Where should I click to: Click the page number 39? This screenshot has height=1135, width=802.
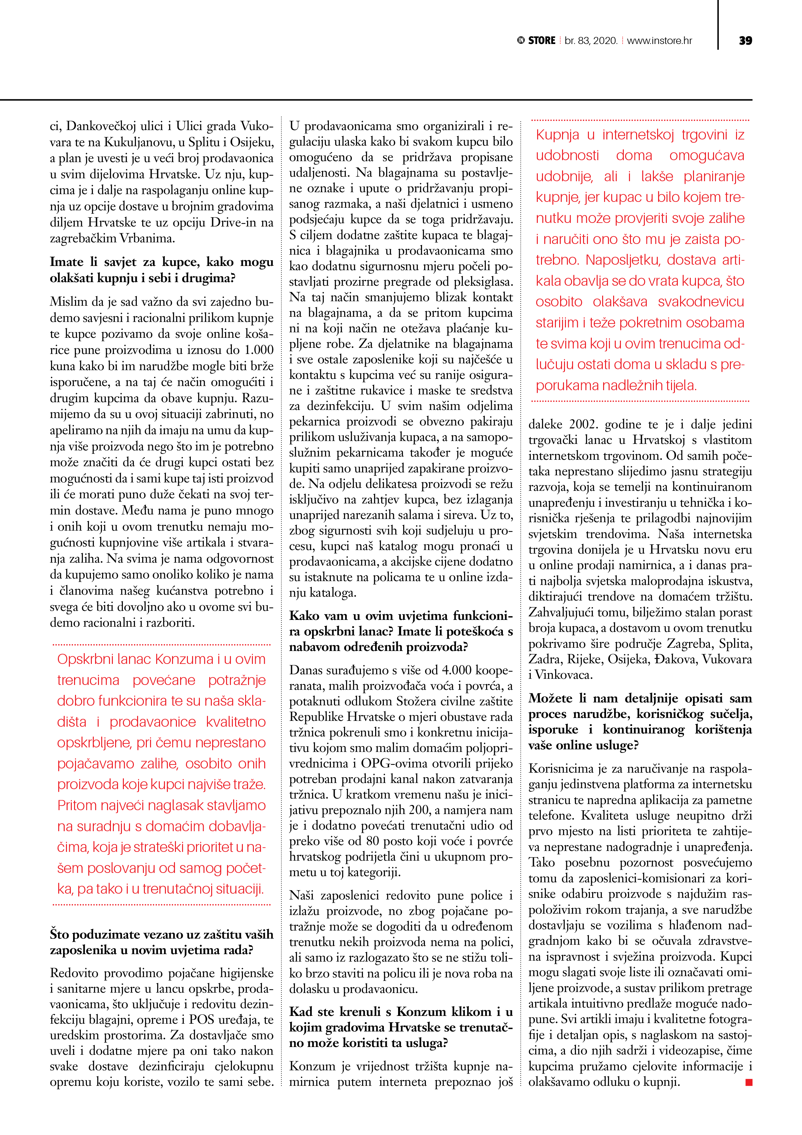(x=745, y=40)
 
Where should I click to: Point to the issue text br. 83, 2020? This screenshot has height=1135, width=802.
(x=591, y=40)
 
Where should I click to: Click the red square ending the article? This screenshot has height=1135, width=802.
(x=749, y=1082)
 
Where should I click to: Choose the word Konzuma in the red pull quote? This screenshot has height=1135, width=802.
(x=183, y=659)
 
